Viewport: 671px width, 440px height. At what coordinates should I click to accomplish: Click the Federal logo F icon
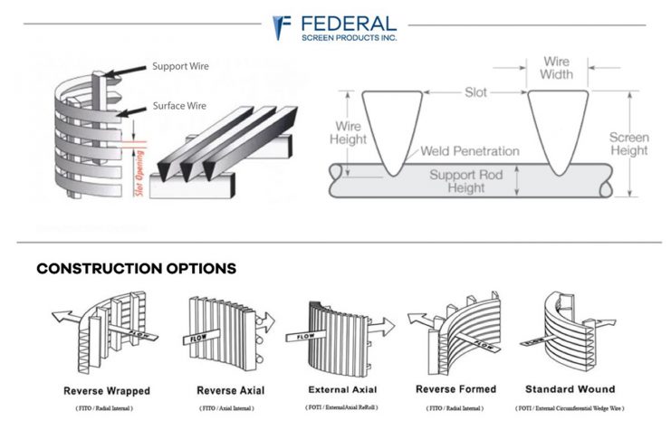(x=283, y=27)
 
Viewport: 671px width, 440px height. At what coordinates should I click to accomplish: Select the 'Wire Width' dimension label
(x=556, y=68)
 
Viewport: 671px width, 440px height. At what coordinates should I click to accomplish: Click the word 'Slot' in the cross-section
(x=475, y=92)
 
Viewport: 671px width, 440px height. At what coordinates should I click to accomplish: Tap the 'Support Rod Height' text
(x=471, y=180)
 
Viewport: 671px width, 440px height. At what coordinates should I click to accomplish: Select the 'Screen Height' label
(x=628, y=144)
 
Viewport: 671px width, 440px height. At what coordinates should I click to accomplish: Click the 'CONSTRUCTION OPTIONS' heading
(x=136, y=269)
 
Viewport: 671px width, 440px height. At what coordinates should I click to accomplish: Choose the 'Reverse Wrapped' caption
(x=107, y=391)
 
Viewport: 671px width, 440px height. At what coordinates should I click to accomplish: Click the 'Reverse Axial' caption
(x=226, y=391)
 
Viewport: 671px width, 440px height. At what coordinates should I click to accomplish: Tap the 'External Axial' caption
(x=341, y=390)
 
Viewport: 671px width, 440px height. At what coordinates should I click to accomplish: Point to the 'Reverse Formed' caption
(x=455, y=389)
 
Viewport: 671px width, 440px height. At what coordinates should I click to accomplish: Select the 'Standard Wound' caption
(x=570, y=389)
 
